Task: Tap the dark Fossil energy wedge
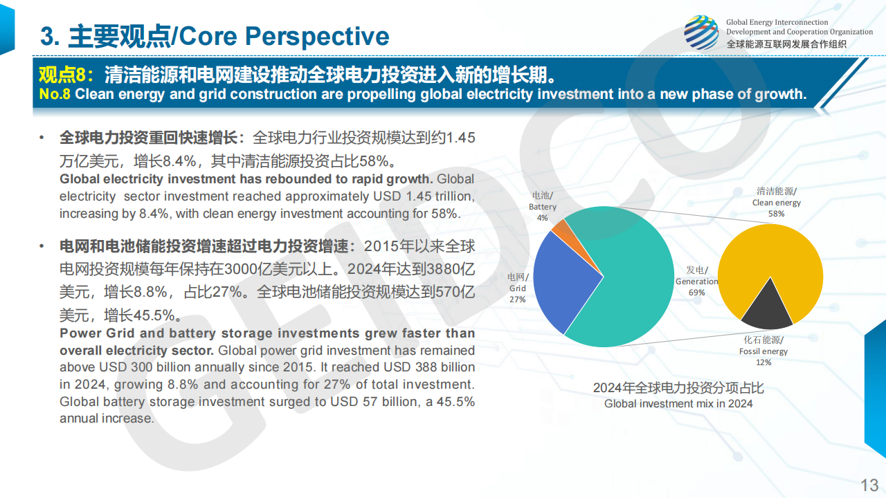pyautogui.click(x=767, y=309)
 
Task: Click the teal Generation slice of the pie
pyautogui.click(x=633, y=284)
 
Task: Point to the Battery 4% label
pyautogui.click(x=542, y=206)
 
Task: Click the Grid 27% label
pyautogui.click(x=517, y=288)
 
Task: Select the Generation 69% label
pyautogui.click(x=696, y=281)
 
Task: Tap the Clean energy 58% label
pyautogui.click(x=776, y=203)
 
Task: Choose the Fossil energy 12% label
pyautogui.click(x=763, y=351)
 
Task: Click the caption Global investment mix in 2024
pyautogui.click(x=678, y=403)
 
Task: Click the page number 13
pyautogui.click(x=869, y=485)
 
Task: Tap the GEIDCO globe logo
pyautogui.click(x=701, y=33)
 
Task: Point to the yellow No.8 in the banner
pyautogui.click(x=55, y=94)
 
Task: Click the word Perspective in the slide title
pyautogui.click(x=317, y=37)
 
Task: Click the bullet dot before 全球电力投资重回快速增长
pyautogui.click(x=42, y=138)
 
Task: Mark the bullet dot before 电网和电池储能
pyautogui.click(x=42, y=247)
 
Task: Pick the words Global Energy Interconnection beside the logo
pyautogui.click(x=777, y=22)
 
